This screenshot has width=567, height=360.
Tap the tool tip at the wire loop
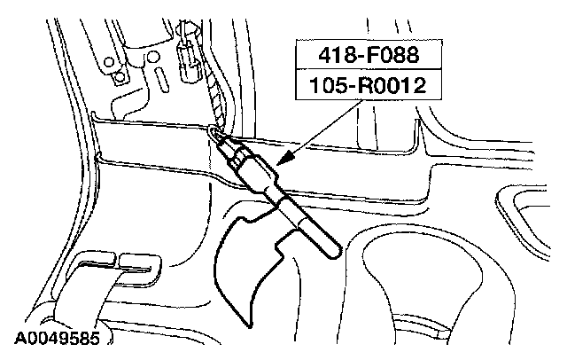pos(215,133)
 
